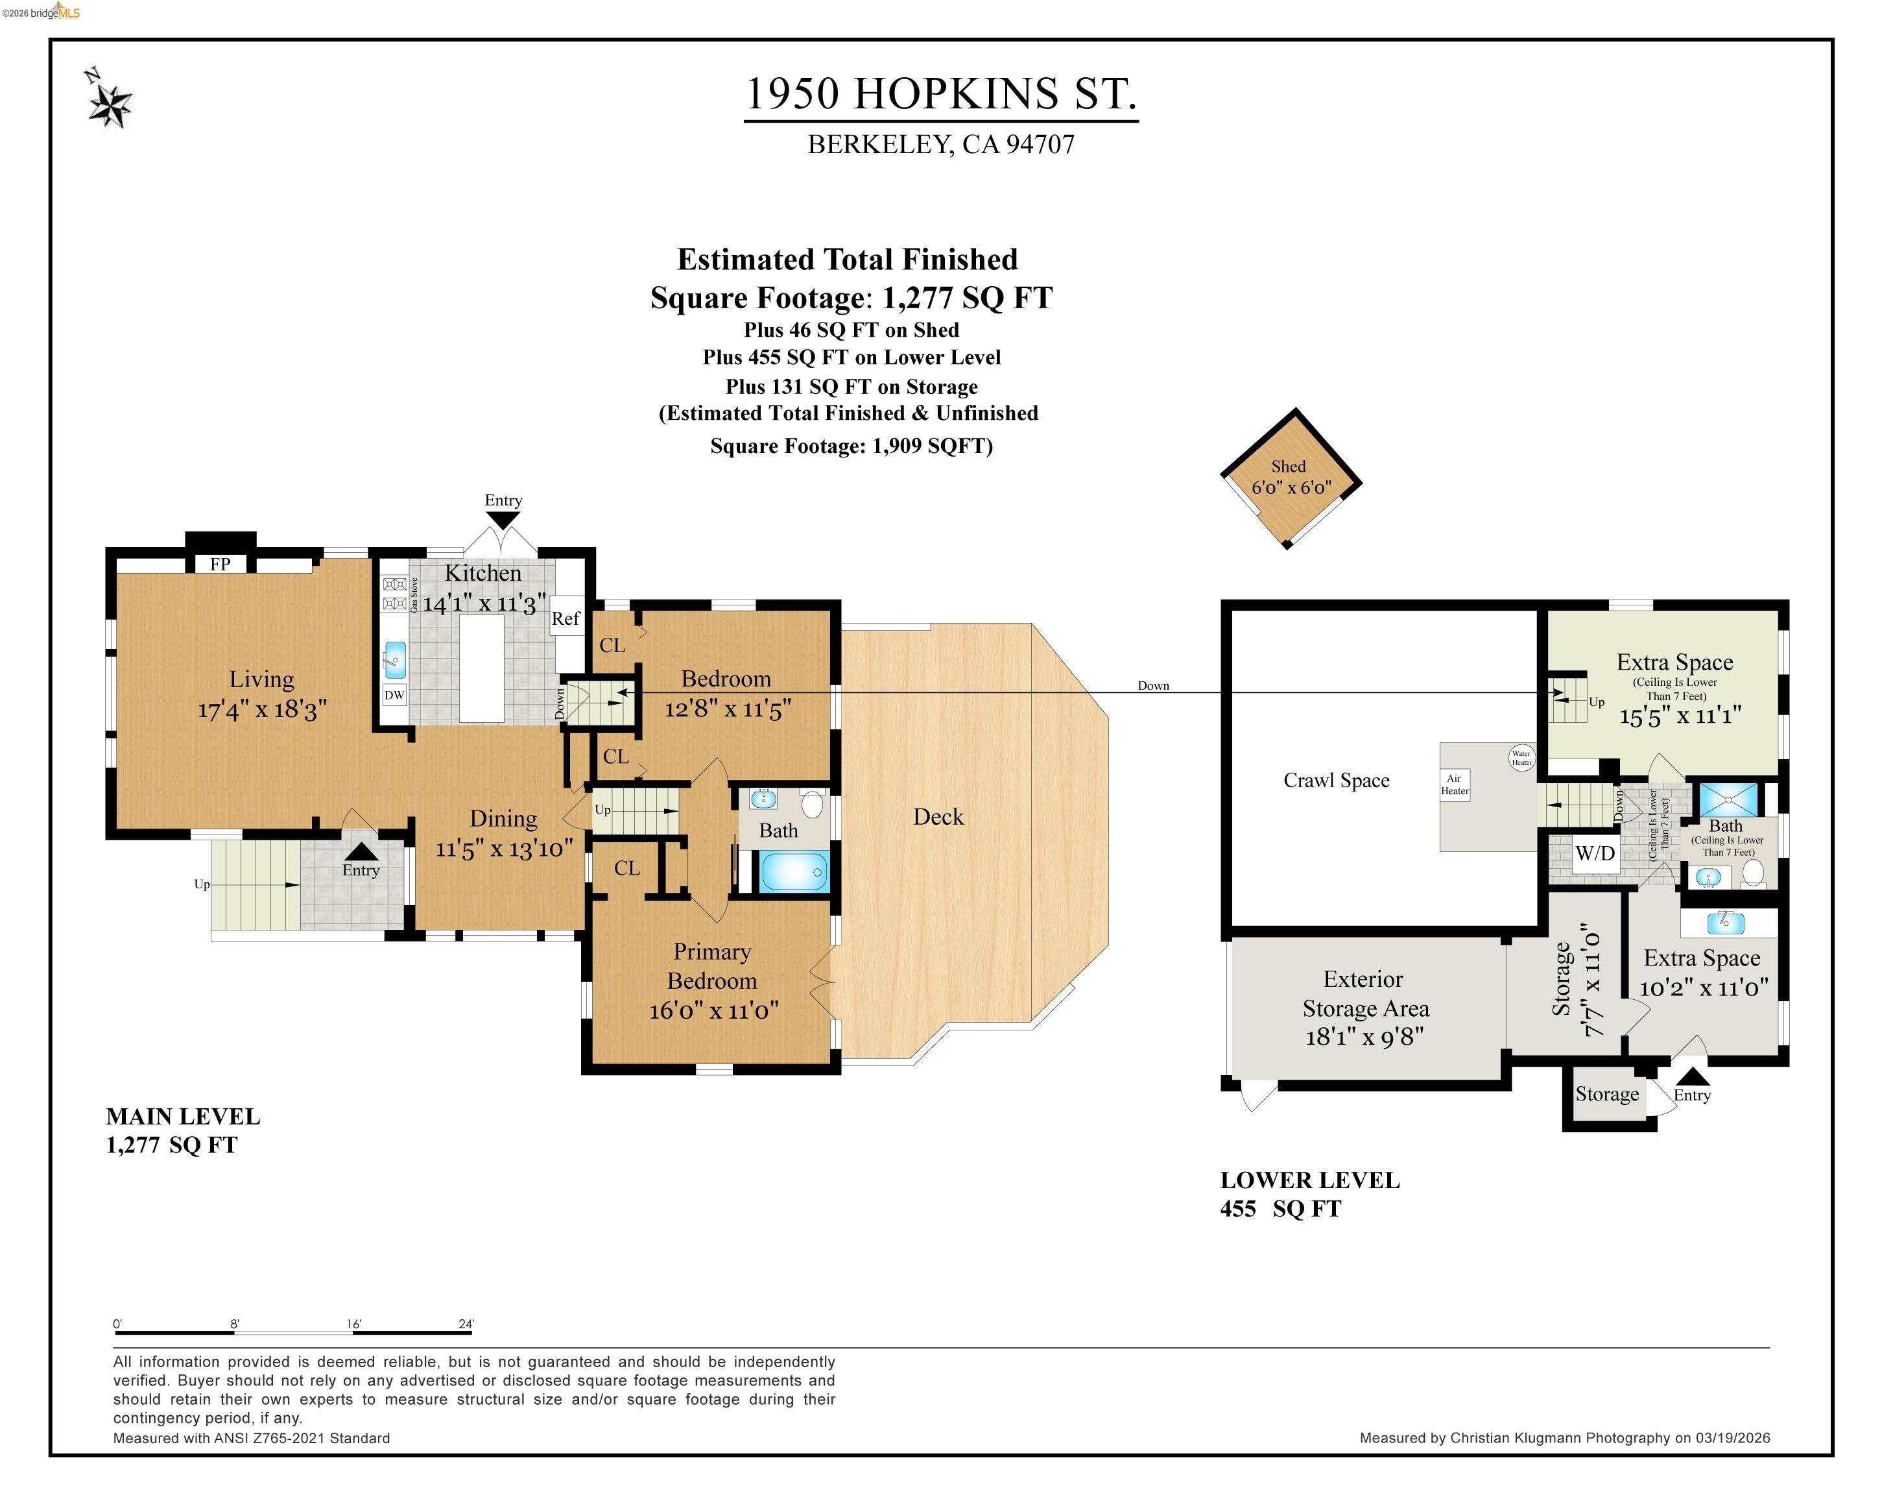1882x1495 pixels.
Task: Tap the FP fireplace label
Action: [220, 564]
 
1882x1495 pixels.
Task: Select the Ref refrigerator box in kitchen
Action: [566, 619]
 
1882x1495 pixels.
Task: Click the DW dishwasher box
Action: [394, 695]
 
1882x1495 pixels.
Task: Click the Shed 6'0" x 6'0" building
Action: [1290, 478]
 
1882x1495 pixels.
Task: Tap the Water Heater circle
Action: [1521, 757]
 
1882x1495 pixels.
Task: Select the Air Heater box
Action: [1454, 784]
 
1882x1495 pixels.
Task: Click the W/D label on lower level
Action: [1595, 853]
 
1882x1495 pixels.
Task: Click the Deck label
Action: [938, 816]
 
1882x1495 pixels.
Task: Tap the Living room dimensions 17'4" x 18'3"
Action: [262, 708]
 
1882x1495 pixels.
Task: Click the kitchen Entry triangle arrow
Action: [503, 520]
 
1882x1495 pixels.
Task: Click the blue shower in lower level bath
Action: [1728, 798]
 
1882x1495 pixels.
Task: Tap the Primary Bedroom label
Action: [712, 966]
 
